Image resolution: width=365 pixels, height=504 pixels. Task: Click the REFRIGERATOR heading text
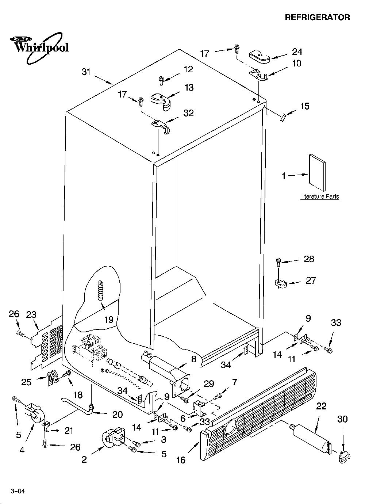tap(317, 17)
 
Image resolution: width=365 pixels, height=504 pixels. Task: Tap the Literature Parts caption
tap(320, 196)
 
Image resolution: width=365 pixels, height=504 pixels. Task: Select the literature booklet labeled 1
tap(317, 172)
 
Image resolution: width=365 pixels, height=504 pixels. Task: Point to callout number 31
tap(86, 72)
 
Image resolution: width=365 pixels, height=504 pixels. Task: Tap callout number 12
tap(188, 69)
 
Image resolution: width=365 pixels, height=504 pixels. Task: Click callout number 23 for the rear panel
tap(31, 314)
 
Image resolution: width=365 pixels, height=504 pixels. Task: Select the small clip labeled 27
tap(281, 283)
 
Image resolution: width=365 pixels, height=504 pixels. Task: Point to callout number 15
tap(305, 106)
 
